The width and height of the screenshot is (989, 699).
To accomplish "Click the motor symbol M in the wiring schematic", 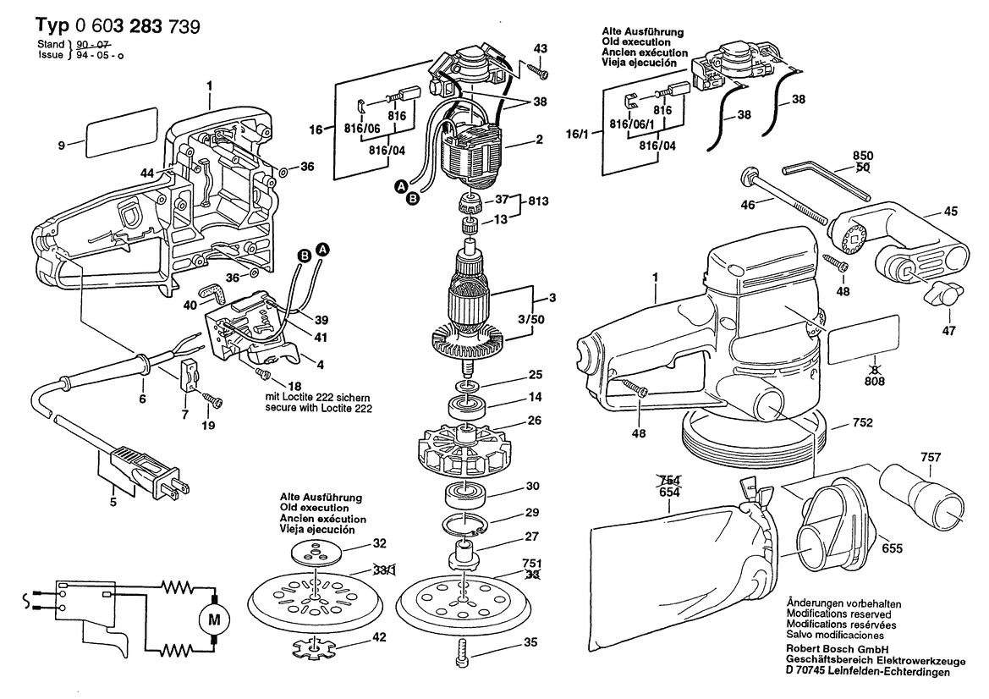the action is (x=214, y=619).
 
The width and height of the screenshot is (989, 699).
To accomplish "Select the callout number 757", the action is (x=931, y=457).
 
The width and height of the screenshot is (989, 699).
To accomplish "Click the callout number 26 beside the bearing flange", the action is (x=534, y=421).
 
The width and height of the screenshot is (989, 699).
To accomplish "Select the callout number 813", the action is (x=538, y=201).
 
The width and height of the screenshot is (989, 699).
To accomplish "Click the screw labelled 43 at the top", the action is (x=538, y=70).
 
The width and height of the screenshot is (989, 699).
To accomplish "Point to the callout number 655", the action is (x=892, y=549).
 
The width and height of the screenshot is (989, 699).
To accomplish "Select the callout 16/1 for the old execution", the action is (x=577, y=135).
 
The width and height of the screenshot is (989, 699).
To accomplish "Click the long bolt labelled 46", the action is (x=784, y=196).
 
